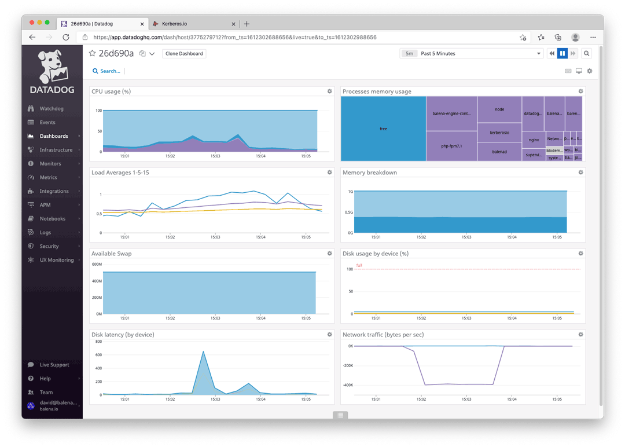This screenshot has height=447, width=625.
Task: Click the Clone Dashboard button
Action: pos(184,54)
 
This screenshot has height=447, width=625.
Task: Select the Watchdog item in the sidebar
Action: pos(51,109)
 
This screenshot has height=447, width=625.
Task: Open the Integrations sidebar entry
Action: pos(54,191)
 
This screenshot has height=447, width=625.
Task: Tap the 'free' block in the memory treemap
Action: pos(383,129)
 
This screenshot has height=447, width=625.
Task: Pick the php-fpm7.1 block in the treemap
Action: pos(451,146)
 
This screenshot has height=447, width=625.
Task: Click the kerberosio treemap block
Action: pos(499,133)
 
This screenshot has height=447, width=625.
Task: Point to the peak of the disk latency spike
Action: pos(203,351)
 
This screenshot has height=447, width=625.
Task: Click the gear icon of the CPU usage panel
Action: pos(330,91)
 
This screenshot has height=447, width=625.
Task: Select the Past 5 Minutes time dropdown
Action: pos(472,54)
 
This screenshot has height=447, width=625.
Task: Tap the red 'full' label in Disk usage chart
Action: pos(359,266)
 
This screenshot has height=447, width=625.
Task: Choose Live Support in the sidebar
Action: pos(54,365)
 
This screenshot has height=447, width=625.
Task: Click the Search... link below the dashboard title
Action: pos(107,71)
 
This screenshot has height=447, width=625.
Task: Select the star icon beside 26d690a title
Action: pos(93,53)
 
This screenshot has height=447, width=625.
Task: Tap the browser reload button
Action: pos(66,37)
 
